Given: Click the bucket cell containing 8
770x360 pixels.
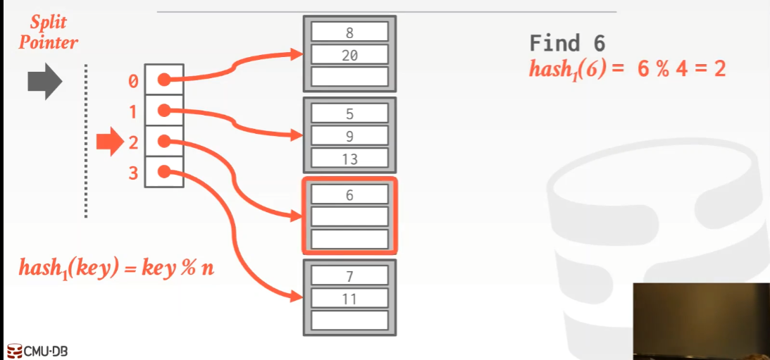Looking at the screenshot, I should pos(349,32).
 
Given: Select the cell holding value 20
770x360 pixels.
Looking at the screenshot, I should pos(349,54).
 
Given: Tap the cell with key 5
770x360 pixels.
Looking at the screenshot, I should pos(349,113).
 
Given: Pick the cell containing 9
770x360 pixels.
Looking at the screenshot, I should pos(349,136).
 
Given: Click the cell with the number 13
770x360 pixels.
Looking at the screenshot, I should pos(349,159).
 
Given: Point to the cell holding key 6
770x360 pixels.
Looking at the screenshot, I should pos(349,195).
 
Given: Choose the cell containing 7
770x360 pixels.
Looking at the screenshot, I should pos(349,277).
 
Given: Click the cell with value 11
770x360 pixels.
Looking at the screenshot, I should pos(349,299).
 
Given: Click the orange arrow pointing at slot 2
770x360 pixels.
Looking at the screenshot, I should pos(109,142).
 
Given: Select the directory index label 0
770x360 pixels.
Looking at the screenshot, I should pos(133,82).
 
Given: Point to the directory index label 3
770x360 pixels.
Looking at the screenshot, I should pos(133,173).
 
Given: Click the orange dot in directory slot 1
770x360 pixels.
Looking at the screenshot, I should pos(163,111).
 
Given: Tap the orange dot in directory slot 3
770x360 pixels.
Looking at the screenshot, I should pos(163,171).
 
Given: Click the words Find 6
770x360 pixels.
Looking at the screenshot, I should pos(567,44).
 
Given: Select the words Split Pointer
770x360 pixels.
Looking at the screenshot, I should pos(48,32).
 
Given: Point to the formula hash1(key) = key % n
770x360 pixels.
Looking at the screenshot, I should pos(116,268).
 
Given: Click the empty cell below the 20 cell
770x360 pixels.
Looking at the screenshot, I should pos(349,76).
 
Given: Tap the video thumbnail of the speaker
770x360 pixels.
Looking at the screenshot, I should pos(700,321).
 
